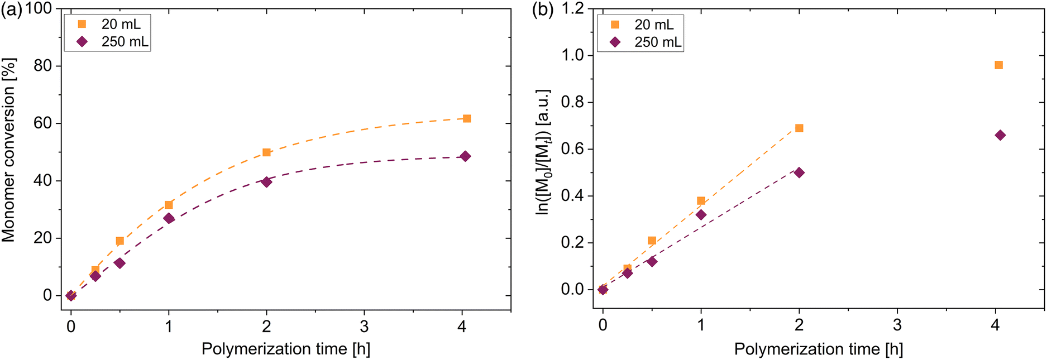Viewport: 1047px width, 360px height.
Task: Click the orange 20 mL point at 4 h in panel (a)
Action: (x=467, y=118)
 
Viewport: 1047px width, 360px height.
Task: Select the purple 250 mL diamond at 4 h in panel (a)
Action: (x=465, y=156)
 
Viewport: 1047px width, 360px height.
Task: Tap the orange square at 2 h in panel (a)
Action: (x=266, y=152)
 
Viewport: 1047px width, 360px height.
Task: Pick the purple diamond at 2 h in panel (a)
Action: (x=266, y=182)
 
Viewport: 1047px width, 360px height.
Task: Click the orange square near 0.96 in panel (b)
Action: (x=999, y=65)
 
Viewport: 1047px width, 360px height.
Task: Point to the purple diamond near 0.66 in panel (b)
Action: (x=1000, y=135)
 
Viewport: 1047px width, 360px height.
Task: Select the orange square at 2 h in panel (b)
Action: (x=799, y=128)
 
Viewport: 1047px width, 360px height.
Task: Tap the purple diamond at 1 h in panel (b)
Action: (x=701, y=215)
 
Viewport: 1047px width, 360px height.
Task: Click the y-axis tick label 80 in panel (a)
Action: (x=42, y=66)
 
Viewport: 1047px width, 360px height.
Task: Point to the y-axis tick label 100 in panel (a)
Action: (x=39, y=9)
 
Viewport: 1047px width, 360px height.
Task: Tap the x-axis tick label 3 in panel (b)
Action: (x=897, y=325)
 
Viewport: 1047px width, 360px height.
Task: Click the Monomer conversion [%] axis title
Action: (x=9, y=151)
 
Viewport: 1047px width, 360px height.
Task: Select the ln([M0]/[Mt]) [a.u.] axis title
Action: (x=542, y=152)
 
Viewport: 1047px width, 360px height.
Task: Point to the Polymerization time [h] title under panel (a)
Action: (x=286, y=349)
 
